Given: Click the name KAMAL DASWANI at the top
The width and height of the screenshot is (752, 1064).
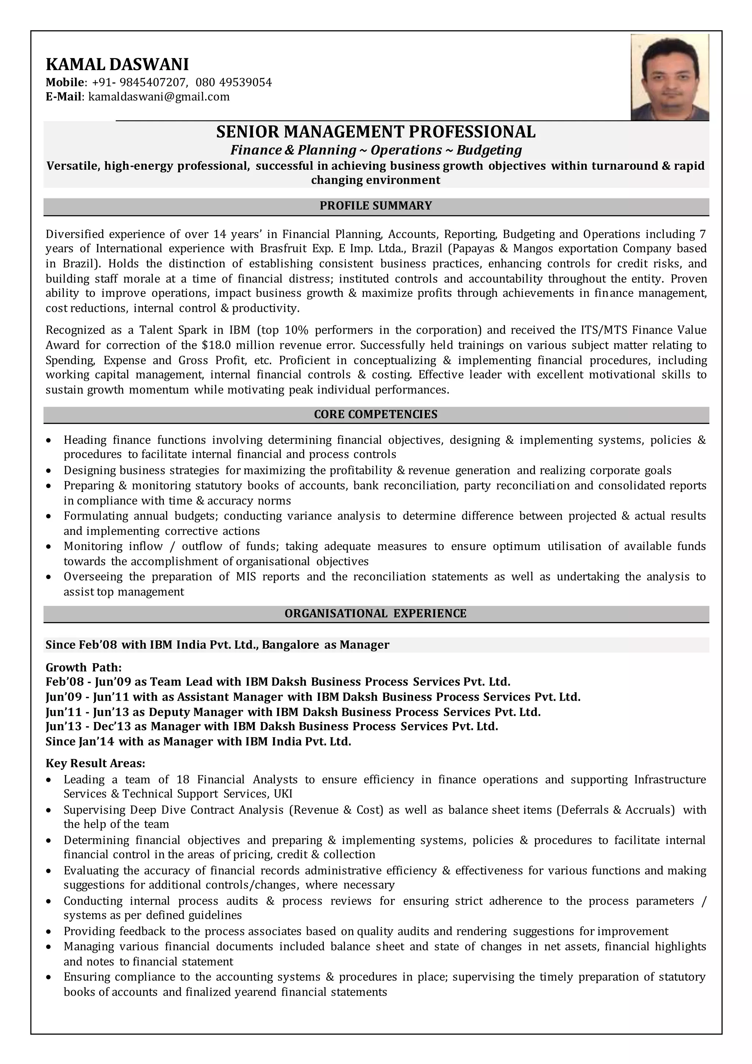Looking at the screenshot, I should (117, 64).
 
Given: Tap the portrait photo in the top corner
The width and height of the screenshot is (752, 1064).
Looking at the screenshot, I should (670, 78).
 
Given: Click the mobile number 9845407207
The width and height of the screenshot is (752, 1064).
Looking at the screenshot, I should (152, 83).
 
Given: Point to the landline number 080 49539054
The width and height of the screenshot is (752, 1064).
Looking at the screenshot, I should (234, 83).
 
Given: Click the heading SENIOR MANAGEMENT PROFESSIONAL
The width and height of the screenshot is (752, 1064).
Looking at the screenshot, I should (376, 132).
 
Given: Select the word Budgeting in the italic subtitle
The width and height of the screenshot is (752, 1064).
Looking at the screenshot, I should (489, 150).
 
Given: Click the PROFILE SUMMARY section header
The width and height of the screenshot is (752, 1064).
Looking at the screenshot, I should (376, 206).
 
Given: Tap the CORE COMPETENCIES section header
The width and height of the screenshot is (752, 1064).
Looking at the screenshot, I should (376, 414).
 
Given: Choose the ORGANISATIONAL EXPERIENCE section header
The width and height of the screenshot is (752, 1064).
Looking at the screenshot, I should (376, 614).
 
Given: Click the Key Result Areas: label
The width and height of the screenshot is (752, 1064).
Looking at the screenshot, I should (95, 763).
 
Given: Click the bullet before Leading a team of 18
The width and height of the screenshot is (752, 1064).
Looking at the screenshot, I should (48, 780).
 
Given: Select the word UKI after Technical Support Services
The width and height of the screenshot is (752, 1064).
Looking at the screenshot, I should (283, 794).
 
